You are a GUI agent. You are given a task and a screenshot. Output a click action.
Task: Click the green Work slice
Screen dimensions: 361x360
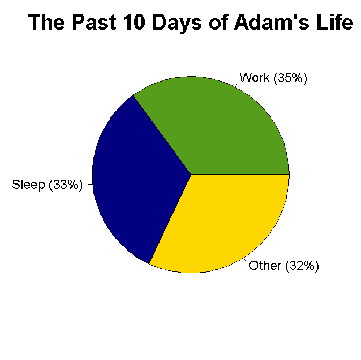click(x=221, y=129)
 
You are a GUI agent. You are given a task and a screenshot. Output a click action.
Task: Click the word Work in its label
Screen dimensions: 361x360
click(x=255, y=78)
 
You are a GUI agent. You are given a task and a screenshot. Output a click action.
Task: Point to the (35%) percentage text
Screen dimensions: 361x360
click(x=290, y=78)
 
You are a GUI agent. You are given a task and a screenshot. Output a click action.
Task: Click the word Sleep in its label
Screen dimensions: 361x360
click(x=28, y=185)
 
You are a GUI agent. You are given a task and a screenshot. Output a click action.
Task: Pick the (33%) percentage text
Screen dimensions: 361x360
click(x=66, y=185)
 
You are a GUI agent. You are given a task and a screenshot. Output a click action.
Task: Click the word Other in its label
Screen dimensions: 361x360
click(x=265, y=266)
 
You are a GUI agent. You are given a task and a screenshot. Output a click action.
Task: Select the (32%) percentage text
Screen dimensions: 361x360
click(x=302, y=266)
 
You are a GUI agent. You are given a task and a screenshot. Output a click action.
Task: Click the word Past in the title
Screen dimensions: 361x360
click(x=94, y=22)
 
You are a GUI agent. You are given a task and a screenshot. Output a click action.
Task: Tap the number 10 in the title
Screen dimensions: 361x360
click(x=134, y=22)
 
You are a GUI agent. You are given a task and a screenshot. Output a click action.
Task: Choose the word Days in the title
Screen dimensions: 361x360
click(x=177, y=23)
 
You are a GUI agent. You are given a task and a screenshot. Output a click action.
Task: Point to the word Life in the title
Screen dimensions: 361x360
click(x=335, y=22)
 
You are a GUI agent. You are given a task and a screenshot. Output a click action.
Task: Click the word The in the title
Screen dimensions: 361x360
click(x=46, y=22)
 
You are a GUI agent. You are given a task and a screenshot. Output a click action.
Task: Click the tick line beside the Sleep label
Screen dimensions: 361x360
click(x=90, y=184)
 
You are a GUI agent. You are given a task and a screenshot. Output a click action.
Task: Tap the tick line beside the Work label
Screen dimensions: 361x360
click(x=237, y=85)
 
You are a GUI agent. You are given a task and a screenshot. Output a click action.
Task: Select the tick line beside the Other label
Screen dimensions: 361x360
click(x=245, y=260)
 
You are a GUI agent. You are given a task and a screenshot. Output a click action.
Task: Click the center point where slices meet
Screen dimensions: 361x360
click(x=191, y=174)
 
